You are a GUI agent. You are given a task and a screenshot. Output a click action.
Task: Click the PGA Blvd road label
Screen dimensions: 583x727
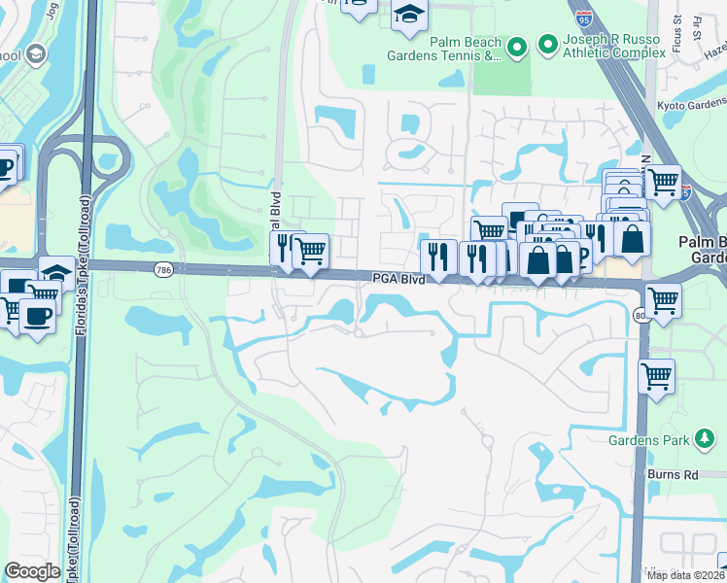[398, 279]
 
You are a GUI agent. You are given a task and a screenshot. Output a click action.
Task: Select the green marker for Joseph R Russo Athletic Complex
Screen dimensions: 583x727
[547, 43]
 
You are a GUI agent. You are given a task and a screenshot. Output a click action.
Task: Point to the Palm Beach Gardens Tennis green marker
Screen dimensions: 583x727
[517, 46]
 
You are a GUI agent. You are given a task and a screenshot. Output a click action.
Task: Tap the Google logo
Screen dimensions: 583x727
[33, 571]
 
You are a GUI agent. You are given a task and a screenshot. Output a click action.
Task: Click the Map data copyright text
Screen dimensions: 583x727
[685, 575]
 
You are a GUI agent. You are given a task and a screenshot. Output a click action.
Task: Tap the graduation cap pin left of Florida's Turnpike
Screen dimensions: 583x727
[55, 273]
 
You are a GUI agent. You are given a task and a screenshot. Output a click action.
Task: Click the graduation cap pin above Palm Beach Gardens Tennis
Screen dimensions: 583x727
[409, 14]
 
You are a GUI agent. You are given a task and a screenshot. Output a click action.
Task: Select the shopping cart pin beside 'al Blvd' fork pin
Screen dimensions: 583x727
[310, 251]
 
